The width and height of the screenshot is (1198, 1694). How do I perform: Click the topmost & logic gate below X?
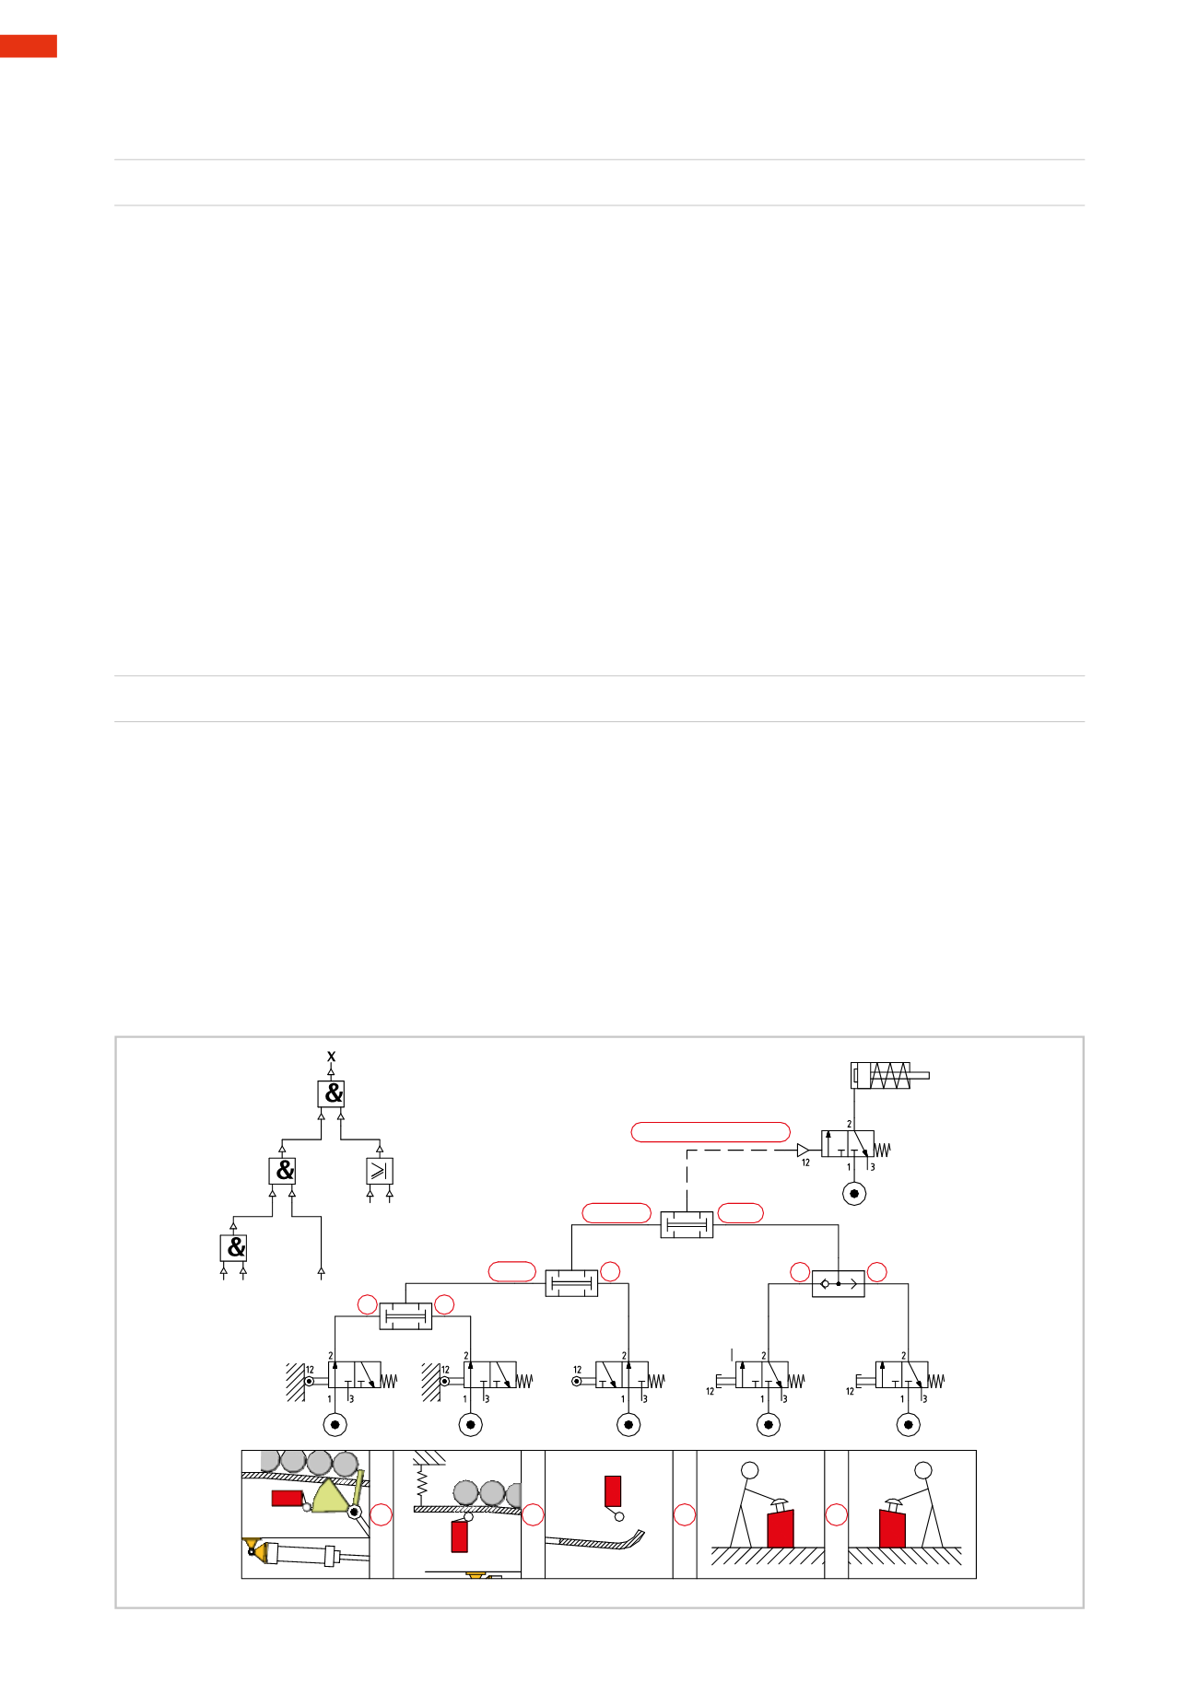(x=331, y=1093)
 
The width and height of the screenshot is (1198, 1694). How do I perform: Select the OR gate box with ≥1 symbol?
(x=380, y=1171)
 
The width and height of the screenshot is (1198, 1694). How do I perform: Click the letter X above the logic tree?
(x=332, y=1057)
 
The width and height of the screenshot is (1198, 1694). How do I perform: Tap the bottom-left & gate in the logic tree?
(x=233, y=1248)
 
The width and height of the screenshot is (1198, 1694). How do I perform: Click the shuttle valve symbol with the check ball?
(x=839, y=1283)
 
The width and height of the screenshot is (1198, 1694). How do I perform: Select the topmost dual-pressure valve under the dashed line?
(x=687, y=1225)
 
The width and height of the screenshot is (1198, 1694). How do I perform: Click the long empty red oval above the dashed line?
(x=711, y=1132)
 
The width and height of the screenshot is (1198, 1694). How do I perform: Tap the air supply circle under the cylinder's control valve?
(x=855, y=1194)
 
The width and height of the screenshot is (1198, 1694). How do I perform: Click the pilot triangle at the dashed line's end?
(x=803, y=1150)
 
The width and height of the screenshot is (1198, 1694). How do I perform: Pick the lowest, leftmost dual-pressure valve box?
(x=405, y=1316)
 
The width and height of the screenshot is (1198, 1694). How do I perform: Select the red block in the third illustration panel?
(x=613, y=1490)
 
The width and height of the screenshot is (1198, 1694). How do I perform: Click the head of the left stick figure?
(x=750, y=1470)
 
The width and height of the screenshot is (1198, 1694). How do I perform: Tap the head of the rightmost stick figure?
(x=923, y=1470)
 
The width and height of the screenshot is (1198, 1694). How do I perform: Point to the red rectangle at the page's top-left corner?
(x=29, y=46)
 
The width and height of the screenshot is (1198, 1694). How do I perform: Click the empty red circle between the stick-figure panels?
(x=836, y=1514)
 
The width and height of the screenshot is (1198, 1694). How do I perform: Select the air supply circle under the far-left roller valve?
(x=335, y=1425)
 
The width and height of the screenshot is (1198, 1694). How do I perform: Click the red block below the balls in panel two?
(x=459, y=1536)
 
